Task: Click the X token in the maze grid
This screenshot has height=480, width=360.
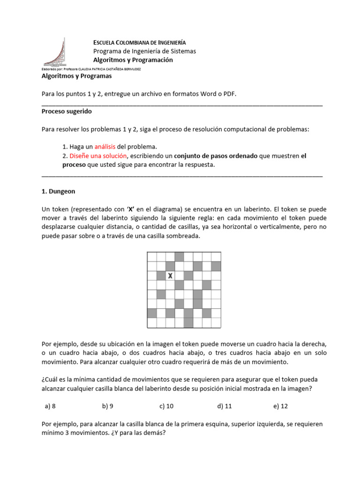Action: (170, 276)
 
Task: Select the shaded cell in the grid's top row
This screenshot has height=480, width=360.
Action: (179, 256)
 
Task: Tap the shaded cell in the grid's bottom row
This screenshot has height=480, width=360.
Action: (188, 323)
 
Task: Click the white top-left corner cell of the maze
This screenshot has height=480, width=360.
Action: (152, 256)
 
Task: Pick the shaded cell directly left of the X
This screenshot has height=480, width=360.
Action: (161, 276)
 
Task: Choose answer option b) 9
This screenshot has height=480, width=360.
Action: (107, 406)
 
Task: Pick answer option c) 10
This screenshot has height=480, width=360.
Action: (166, 406)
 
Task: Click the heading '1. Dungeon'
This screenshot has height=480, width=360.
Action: (58, 191)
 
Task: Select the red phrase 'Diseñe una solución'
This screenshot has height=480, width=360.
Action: (98, 156)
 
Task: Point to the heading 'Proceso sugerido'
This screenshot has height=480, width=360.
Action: (67, 112)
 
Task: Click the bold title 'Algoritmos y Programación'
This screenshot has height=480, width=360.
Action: (133, 60)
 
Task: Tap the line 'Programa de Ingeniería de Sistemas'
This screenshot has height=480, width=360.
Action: (144, 51)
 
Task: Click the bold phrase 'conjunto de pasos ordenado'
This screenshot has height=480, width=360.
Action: (216, 156)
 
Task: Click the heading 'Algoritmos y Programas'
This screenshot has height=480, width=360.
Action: (76, 76)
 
